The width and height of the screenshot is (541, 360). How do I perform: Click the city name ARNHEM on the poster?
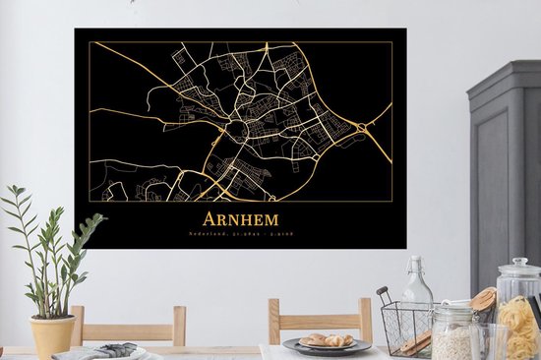pyautogui.click(x=241, y=219)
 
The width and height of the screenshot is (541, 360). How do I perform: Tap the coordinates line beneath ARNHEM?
pyautogui.click(x=241, y=234)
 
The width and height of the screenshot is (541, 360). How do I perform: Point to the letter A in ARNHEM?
pyautogui.click(x=209, y=219)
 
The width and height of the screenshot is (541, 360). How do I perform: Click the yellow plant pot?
pyautogui.click(x=52, y=334)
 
